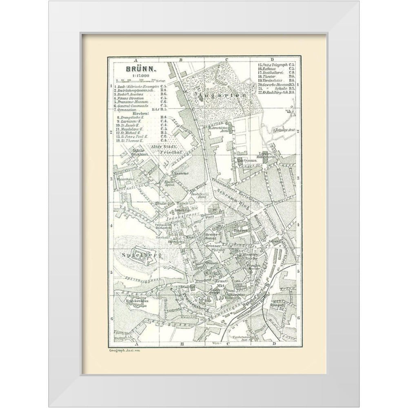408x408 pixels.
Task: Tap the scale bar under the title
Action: [x=131, y=80]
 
